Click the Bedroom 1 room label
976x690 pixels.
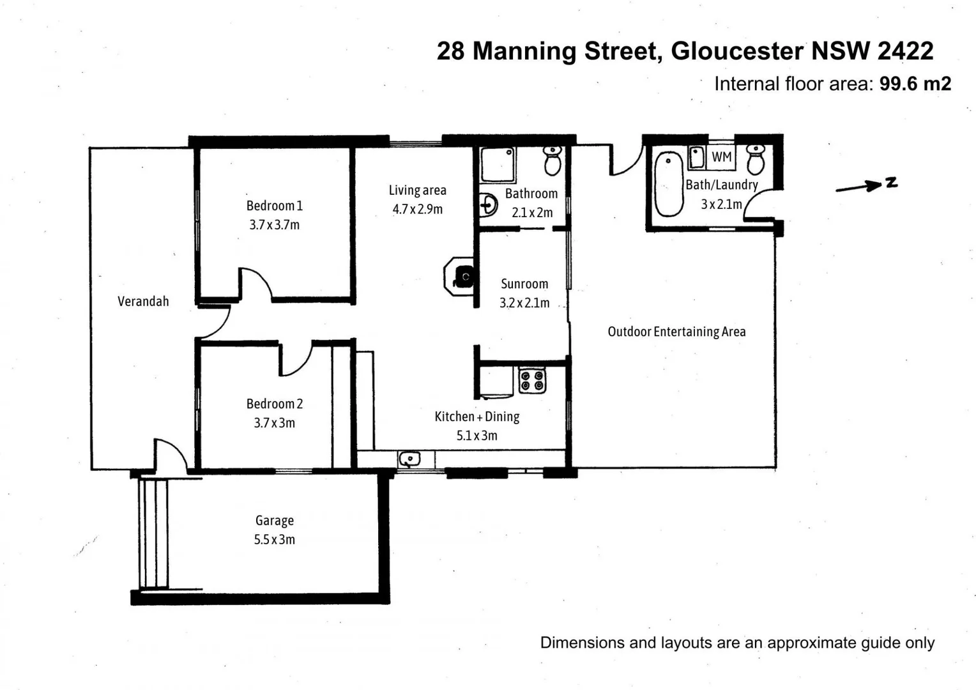[x=274, y=206]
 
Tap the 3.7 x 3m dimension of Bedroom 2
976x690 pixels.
[x=274, y=423]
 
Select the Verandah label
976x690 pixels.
[x=143, y=302]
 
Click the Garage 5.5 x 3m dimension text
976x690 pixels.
[x=274, y=540]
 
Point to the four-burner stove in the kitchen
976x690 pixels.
[x=532, y=381]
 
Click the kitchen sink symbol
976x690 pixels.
[x=409, y=459]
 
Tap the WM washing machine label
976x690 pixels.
[x=721, y=157]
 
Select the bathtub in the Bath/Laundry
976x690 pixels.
[x=669, y=184]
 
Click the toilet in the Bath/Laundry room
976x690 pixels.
[x=756, y=160]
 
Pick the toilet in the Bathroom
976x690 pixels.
[x=553, y=160]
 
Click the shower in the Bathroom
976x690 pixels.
[x=498, y=165]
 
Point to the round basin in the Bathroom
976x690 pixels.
[x=489, y=205]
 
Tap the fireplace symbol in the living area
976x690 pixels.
[x=461, y=277]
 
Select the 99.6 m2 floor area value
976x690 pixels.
[x=915, y=84]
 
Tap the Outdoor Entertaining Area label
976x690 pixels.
[x=676, y=332]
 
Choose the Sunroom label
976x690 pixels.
[x=524, y=284]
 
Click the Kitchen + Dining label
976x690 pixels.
[x=477, y=417]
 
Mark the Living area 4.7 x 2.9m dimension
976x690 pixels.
[x=417, y=210]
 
